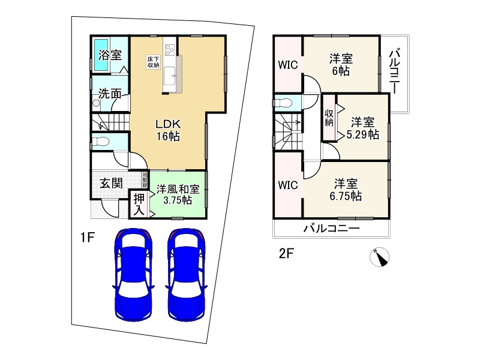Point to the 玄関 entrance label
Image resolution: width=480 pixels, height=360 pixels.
click(110, 183)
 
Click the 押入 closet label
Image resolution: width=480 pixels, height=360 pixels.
click(139, 204)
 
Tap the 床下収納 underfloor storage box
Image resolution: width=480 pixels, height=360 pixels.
click(153, 62)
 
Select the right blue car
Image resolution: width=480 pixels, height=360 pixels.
click(187, 275)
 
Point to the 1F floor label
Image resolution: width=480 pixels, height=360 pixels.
click(88, 237)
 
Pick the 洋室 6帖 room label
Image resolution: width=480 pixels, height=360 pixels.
click(340, 64)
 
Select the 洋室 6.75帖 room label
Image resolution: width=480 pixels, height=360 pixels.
click(347, 189)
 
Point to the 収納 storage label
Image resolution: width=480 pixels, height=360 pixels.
click(329, 118)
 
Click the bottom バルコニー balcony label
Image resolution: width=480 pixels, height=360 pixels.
click(331, 229)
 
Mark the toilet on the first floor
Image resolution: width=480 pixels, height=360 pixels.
click(100, 143)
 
